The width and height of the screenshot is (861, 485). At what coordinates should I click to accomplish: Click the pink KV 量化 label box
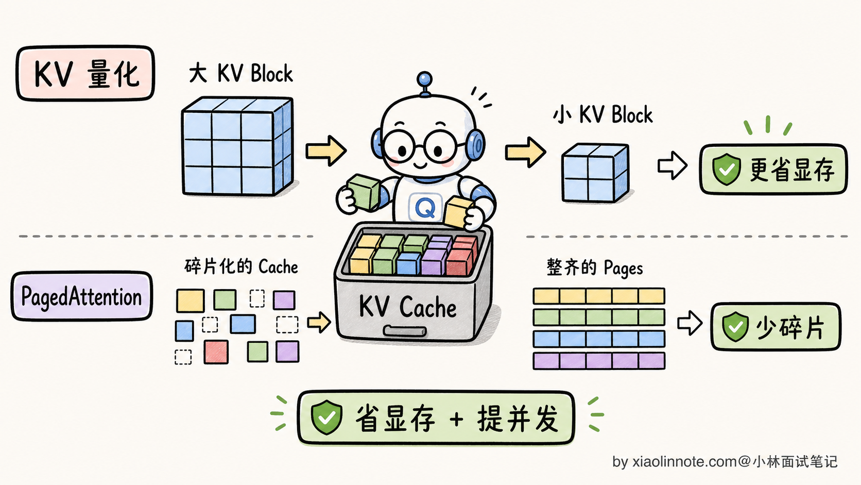click(85, 73)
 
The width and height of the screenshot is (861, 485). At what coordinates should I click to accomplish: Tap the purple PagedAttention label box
click(81, 296)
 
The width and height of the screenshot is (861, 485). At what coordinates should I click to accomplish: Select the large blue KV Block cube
click(237, 146)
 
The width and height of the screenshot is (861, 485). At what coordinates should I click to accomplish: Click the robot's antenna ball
click(424, 79)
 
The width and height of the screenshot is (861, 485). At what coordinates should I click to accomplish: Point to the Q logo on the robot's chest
click(425, 208)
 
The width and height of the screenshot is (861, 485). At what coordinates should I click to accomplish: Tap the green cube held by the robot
click(363, 192)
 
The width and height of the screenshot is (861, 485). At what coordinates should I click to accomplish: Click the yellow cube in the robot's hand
click(458, 211)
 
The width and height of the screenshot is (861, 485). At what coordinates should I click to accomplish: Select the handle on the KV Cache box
click(405, 331)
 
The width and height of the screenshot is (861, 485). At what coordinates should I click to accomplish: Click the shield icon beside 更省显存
click(726, 169)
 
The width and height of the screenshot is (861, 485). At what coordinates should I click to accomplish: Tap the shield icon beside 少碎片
click(735, 327)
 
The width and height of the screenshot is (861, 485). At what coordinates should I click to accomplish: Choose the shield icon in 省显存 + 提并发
click(326, 417)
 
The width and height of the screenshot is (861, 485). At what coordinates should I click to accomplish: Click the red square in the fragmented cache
click(216, 352)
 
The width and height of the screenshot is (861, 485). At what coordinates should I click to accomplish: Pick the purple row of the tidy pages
click(599, 361)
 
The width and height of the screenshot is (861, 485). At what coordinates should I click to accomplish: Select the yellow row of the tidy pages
click(599, 296)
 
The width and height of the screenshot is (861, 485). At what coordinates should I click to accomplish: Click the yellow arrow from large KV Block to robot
click(326, 151)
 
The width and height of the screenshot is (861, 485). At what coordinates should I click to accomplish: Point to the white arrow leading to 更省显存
click(673, 166)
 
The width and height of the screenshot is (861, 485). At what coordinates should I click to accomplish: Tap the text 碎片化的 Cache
click(241, 266)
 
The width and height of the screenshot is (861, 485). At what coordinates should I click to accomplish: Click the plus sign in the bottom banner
click(457, 419)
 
